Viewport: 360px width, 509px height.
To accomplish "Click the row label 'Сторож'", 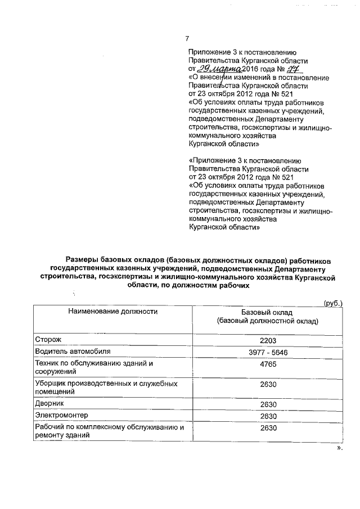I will click(x=47, y=340).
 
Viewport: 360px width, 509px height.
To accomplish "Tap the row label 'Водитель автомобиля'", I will click(x=69, y=352).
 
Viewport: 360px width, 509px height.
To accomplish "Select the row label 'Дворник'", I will click(x=49, y=404).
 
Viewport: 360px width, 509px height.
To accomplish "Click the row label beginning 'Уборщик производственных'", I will click(x=106, y=388).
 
